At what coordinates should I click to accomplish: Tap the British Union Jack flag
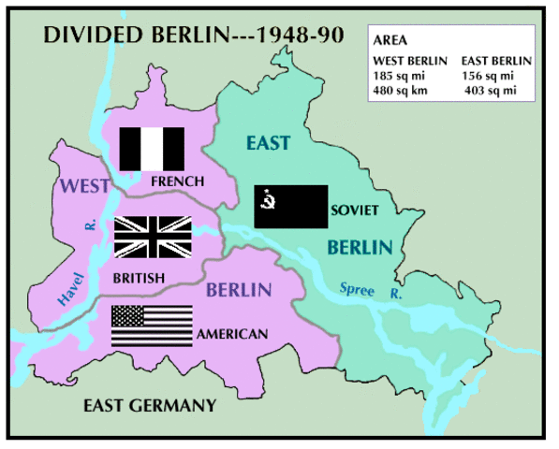[x=153, y=236]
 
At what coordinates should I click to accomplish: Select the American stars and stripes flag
[x=152, y=326]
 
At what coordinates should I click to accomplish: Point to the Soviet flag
[x=291, y=207]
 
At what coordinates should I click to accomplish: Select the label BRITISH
[x=138, y=278]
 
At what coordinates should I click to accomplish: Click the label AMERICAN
[x=232, y=334]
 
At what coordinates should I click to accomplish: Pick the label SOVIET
[x=355, y=210]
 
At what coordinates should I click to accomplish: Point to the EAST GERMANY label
[x=149, y=405]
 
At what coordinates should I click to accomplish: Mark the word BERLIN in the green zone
[x=359, y=248]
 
